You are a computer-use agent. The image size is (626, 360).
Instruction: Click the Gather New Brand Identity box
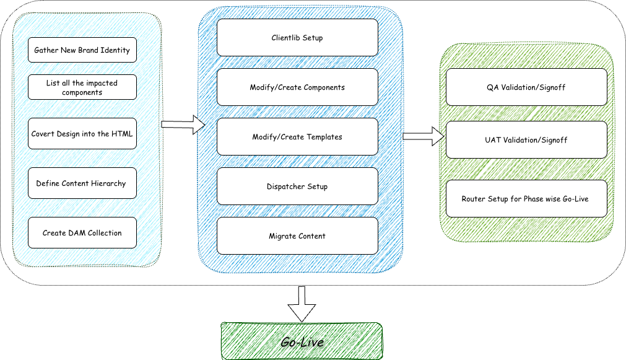[x=82, y=50]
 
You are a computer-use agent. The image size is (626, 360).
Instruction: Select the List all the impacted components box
[x=82, y=87]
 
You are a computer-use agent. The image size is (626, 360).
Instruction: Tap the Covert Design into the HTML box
[x=82, y=134]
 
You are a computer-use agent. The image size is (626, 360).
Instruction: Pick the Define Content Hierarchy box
[x=82, y=183]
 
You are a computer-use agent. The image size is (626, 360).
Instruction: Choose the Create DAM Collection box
[x=82, y=233]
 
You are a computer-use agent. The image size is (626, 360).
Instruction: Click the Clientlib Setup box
[x=297, y=38]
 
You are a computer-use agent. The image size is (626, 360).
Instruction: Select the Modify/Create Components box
[x=297, y=87]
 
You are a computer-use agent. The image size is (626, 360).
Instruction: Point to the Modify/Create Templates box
[x=297, y=136]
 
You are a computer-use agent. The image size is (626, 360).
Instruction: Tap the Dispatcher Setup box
[x=297, y=187]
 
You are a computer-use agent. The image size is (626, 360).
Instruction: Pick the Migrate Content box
[x=297, y=236]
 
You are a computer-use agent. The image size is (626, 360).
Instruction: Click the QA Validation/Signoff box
[x=526, y=87]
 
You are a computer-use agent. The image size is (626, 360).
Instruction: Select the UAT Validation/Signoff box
[x=526, y=140]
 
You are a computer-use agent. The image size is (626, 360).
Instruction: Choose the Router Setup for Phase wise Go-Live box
[x=526, y=199]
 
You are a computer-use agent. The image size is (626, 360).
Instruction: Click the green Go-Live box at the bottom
[x=302, y=341]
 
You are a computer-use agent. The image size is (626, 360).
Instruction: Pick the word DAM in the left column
[x=77, y=233]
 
